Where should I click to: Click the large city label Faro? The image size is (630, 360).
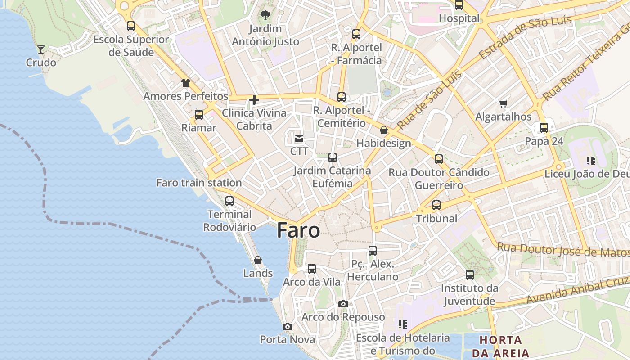[x=298, y=230]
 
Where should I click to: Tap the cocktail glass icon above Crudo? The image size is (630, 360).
[x=41, y=49]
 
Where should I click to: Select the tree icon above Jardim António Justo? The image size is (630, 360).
[x=265, y=15]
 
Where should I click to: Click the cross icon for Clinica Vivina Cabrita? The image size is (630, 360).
[x=254, y=100]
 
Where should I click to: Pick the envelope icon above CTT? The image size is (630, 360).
[x=299, y=138]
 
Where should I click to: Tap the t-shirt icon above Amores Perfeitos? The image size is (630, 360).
[x=186, y=83]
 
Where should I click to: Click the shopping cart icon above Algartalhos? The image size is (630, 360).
[x=504, y=104]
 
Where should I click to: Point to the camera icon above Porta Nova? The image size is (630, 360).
[x=288, y=326]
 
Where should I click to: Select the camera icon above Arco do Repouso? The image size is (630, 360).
[x=343, y=304]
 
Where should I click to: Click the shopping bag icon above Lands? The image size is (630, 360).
[x=258, y=260]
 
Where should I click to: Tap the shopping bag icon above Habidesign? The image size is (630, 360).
[x=384, y=130]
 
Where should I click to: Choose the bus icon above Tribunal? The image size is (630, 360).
[x=436, y=205]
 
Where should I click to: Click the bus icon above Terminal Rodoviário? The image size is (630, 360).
[x=229, y=201]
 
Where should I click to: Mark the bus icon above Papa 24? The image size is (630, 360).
[x=544, y=128]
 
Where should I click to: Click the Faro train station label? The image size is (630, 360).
[x=199, y=183]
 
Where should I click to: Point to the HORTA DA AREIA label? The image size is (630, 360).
[x=500, y=346]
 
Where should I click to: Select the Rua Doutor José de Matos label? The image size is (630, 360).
[x=562, y=250]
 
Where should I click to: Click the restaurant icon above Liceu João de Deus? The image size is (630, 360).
[x=591, y=161]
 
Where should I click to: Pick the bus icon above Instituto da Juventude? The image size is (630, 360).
[x=470, y=274]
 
